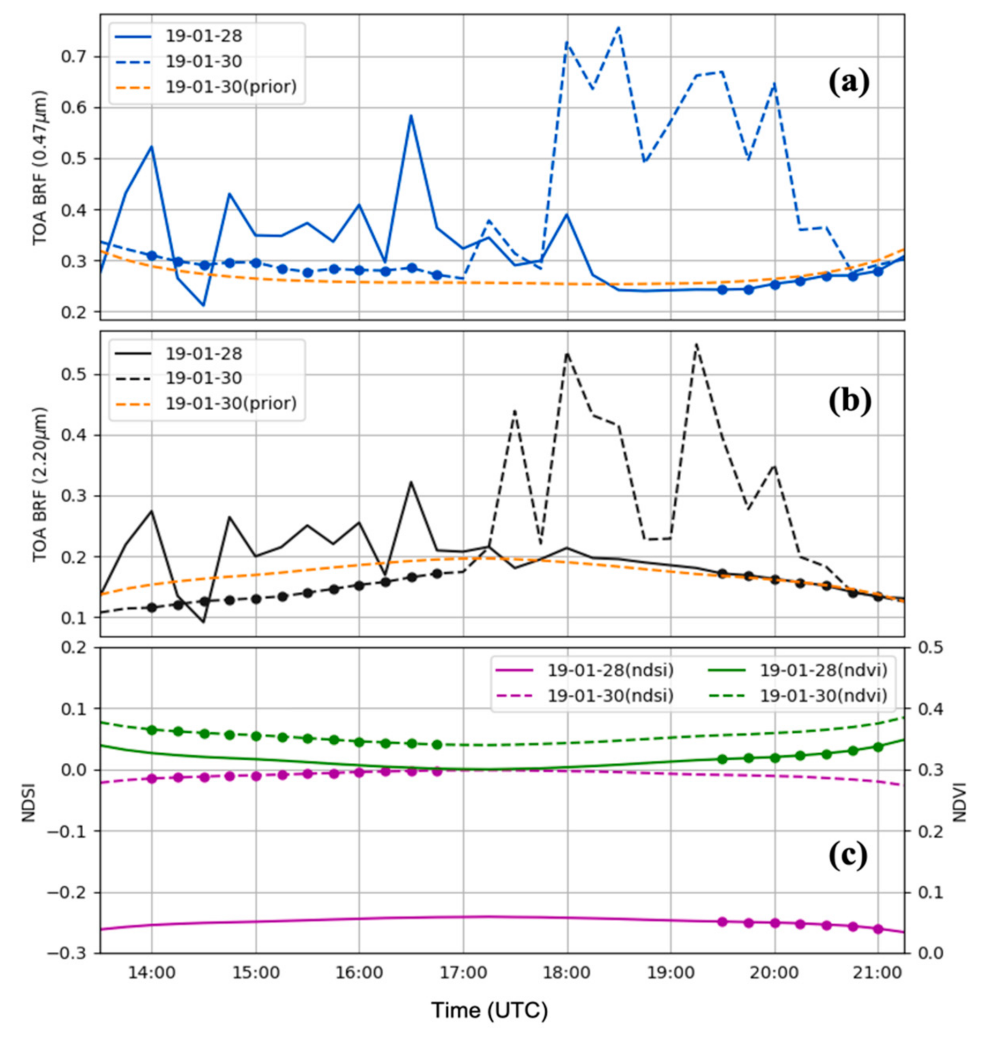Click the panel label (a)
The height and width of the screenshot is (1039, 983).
coord(848,82)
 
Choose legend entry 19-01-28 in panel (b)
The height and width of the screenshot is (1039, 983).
coord(204,354)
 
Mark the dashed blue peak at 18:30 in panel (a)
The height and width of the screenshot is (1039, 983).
coord(619,27)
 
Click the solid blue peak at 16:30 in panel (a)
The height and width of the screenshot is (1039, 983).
coord(411,116)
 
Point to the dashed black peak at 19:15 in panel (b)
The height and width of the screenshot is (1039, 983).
coord(696,344)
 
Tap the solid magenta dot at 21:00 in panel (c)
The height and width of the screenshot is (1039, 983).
coord(878,929)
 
